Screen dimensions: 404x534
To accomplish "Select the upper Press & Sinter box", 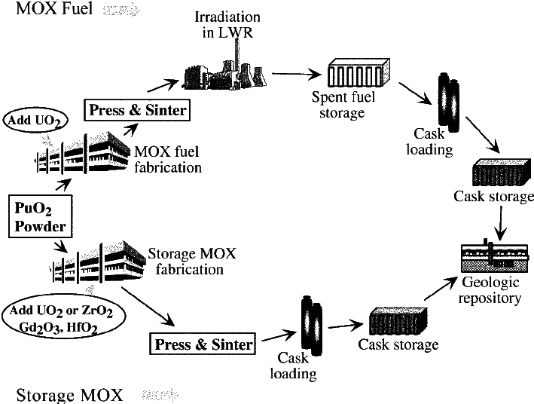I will click(x=137, y=110).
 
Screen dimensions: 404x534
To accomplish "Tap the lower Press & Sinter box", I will click(x=203, y=344).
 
